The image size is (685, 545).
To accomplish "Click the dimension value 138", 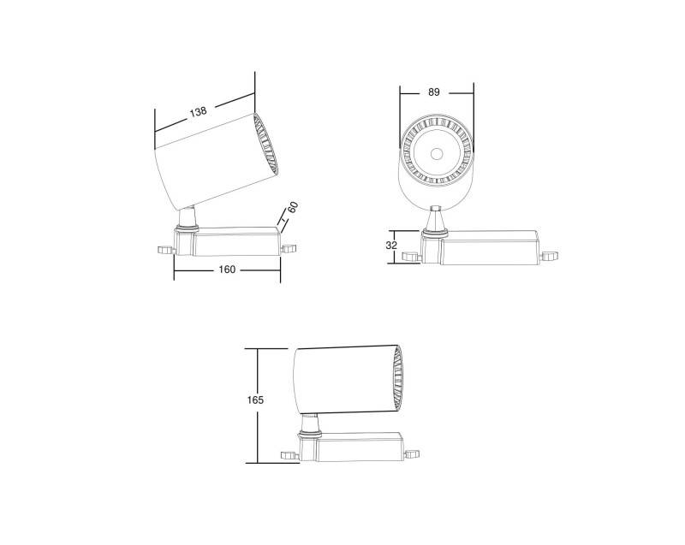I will click(199, 112).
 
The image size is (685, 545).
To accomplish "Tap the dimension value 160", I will click(227, 270).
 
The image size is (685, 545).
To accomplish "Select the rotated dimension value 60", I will click(292, 208).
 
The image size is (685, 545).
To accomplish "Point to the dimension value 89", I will click(434, 92).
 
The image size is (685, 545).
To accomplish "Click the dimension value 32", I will click(391, 245).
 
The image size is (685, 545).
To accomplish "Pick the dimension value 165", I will click(254, 400).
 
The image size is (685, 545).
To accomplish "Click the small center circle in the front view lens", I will click(437, 155).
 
